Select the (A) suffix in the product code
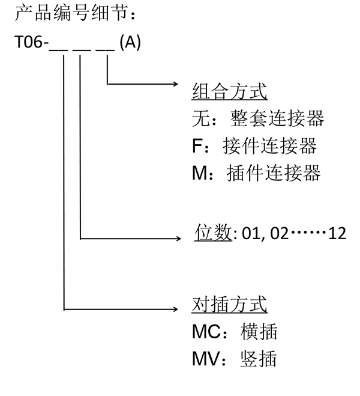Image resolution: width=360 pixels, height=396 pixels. (130, 44)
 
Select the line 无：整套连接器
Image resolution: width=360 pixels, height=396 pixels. (257, 119)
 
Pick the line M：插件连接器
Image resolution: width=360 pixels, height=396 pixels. (256, 173)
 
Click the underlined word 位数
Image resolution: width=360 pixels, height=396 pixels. (214, 233)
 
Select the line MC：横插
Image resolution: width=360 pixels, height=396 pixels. (235, 332)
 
